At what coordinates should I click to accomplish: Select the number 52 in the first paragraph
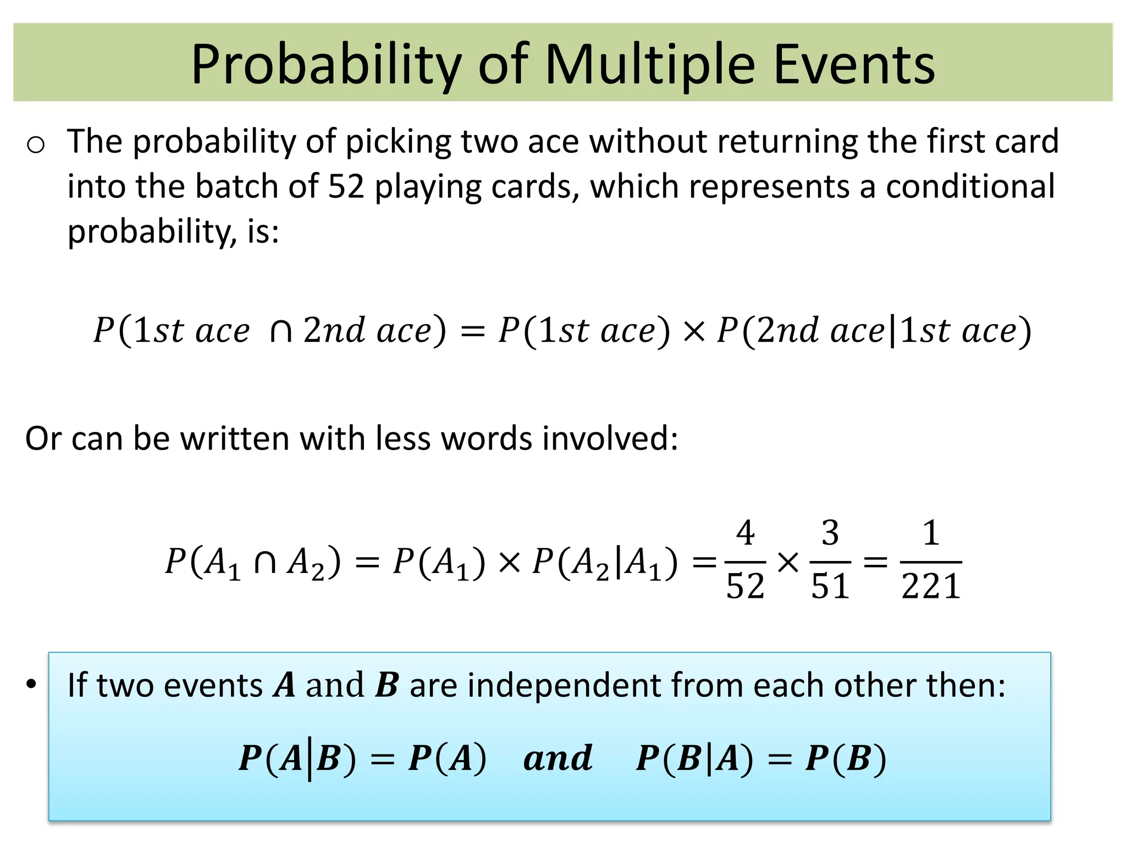tap(346, 186)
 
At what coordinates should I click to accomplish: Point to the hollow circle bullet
tap(36, 145)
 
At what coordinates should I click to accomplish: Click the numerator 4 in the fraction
tap(745, 532)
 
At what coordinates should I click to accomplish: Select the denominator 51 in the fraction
tap(830, 586)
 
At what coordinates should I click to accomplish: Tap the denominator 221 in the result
tap(931, 586)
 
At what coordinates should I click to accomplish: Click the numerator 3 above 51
tap(830, 532)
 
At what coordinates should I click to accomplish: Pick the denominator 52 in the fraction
tap(745, 586)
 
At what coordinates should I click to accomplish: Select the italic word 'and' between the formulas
tap(558, 758)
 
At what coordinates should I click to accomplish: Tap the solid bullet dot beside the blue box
tap(32, 684)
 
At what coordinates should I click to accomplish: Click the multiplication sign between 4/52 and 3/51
tap(788, 562)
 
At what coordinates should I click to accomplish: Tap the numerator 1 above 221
tap(930, 532)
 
